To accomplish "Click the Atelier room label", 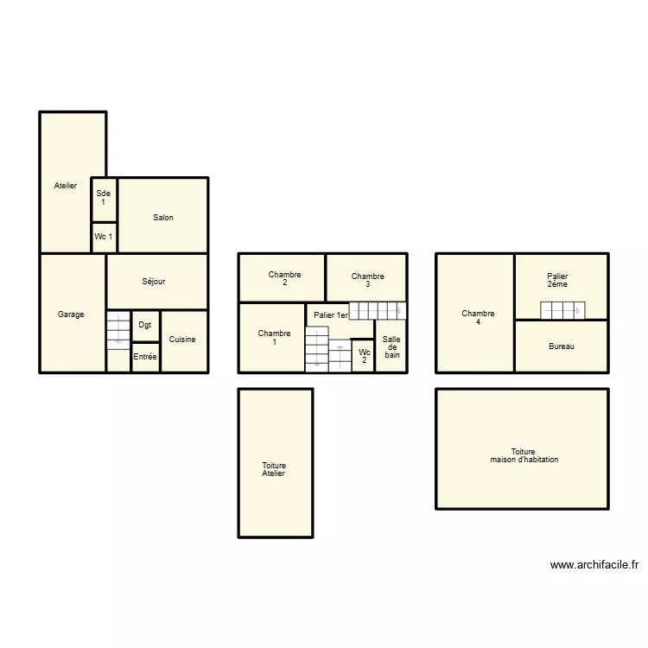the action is pyautogui.click(x=66, y=186).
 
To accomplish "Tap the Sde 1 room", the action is pyautogui.click(x=104, y=200).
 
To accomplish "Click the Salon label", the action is pyautogui.click(x=163, y=218).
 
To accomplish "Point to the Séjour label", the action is pyautogui.click(x=153, y=282).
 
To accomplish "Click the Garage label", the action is pyautogui.click(x=71, y=314).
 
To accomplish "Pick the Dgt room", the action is pyautogui.click(x=145, y=327).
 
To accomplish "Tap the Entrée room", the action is pyautogui.click(x=145, y=358).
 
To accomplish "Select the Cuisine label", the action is pyautogui.click(x=182, y=340).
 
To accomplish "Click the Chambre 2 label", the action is pyautogui.click(x=285, y=278).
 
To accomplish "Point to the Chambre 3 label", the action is pyautogui.click(x=368, y=280).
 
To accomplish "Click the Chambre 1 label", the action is pyautogui.click(x=275, y=337).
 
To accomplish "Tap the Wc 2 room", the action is pyautogui.click(x=363, y=356).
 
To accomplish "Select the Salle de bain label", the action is pyautogui.click(x=391, y=346).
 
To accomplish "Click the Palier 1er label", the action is pyautogui.click(x=331, y=315).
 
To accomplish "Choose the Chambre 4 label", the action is pyautogui.click(x=478, y=317).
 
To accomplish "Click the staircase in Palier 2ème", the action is pyautogui.click(x=562, y=310).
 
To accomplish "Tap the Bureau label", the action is pyautogui.click(x=562, y=346).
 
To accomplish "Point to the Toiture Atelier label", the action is pyautogui.click(x=274, y=469).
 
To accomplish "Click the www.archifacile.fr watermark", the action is pyautogui.click(x=594, y=565).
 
